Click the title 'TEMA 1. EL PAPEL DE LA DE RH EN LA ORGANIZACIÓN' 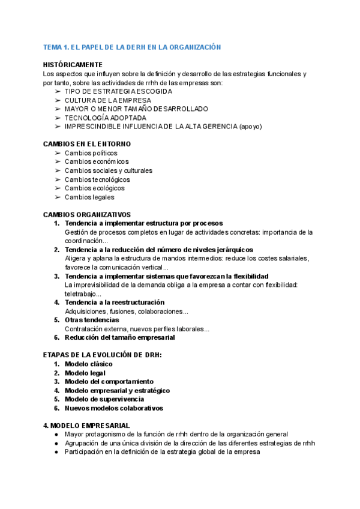pyautogui.click(x=132, y=47)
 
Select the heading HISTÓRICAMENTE pyautogui.click(x=73, y=65)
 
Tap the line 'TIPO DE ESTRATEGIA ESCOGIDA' pyautogui.click(x=118, y=91)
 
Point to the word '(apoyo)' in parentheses pyautogui.click(x=250, y=127)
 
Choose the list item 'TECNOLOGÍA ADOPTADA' pyautogui.click(x=105, y=118)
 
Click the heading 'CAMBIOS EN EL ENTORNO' pyautogui.click(x=87, y=144)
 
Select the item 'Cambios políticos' pyautogui.click(x=91, y=153)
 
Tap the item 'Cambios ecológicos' pyautogui.click(x=95, y=188)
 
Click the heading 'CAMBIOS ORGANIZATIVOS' pyautogui.click(x=87, y=214)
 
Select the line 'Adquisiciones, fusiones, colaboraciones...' pyautogui.click(x=126, y=312)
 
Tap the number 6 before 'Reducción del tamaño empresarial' pyautogui.click(x=56, y=337)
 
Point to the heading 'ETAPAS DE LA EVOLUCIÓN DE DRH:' pyautogui.click(x=103, y=355)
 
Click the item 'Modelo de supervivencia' pyautogui.click(x=104, y=399)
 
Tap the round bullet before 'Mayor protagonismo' pyautogui.click(x=56, y=434)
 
